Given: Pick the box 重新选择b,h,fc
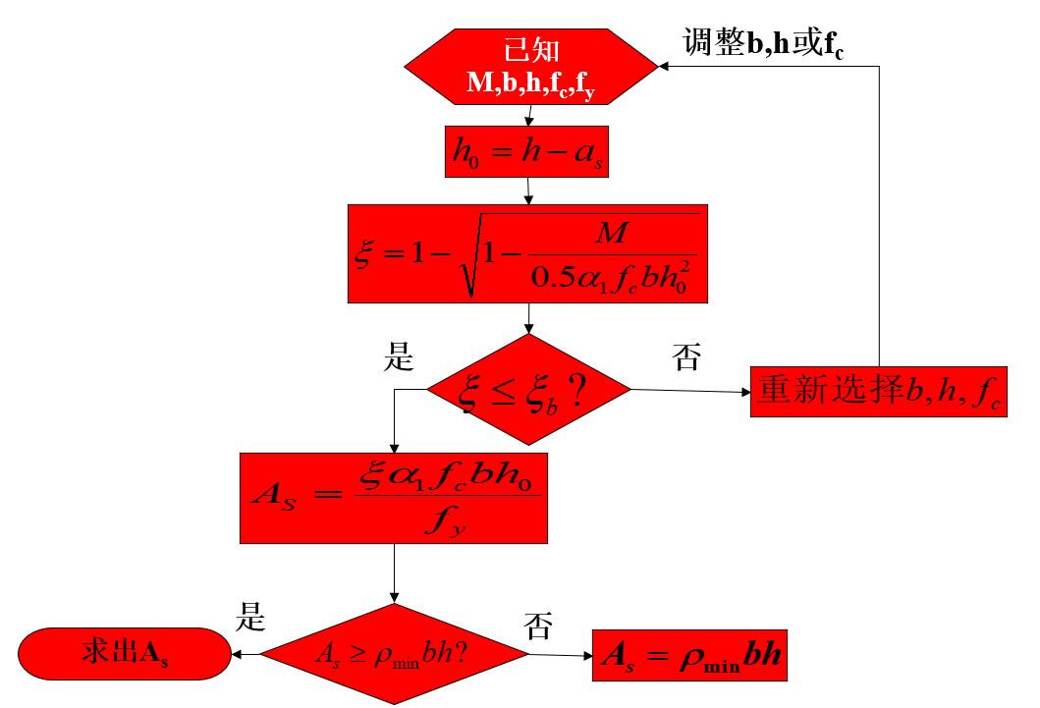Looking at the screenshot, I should coord(879,392).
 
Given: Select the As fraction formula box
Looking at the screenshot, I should coord(394,497).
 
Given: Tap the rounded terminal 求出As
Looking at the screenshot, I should coord(123,653).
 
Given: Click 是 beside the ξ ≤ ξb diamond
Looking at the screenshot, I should coord(398,357).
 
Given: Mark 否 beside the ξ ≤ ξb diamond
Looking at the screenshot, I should coord(686,357).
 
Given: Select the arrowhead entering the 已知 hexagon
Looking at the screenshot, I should coord(666,67).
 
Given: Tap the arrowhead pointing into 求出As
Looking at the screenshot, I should coord(237,653).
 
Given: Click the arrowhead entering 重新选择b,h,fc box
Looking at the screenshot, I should coord(745,392).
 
